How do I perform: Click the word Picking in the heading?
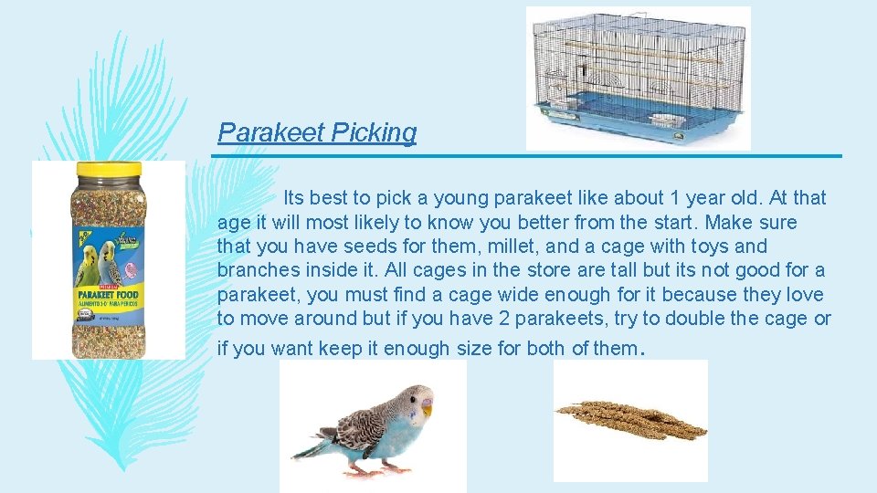click(374, 133)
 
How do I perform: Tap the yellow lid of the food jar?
click(107, 170)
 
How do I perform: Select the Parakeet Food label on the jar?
click(107, 298)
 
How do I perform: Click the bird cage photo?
click(638, 78)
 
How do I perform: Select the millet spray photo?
click(630, 419)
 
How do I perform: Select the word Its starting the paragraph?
click(294, 198)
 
